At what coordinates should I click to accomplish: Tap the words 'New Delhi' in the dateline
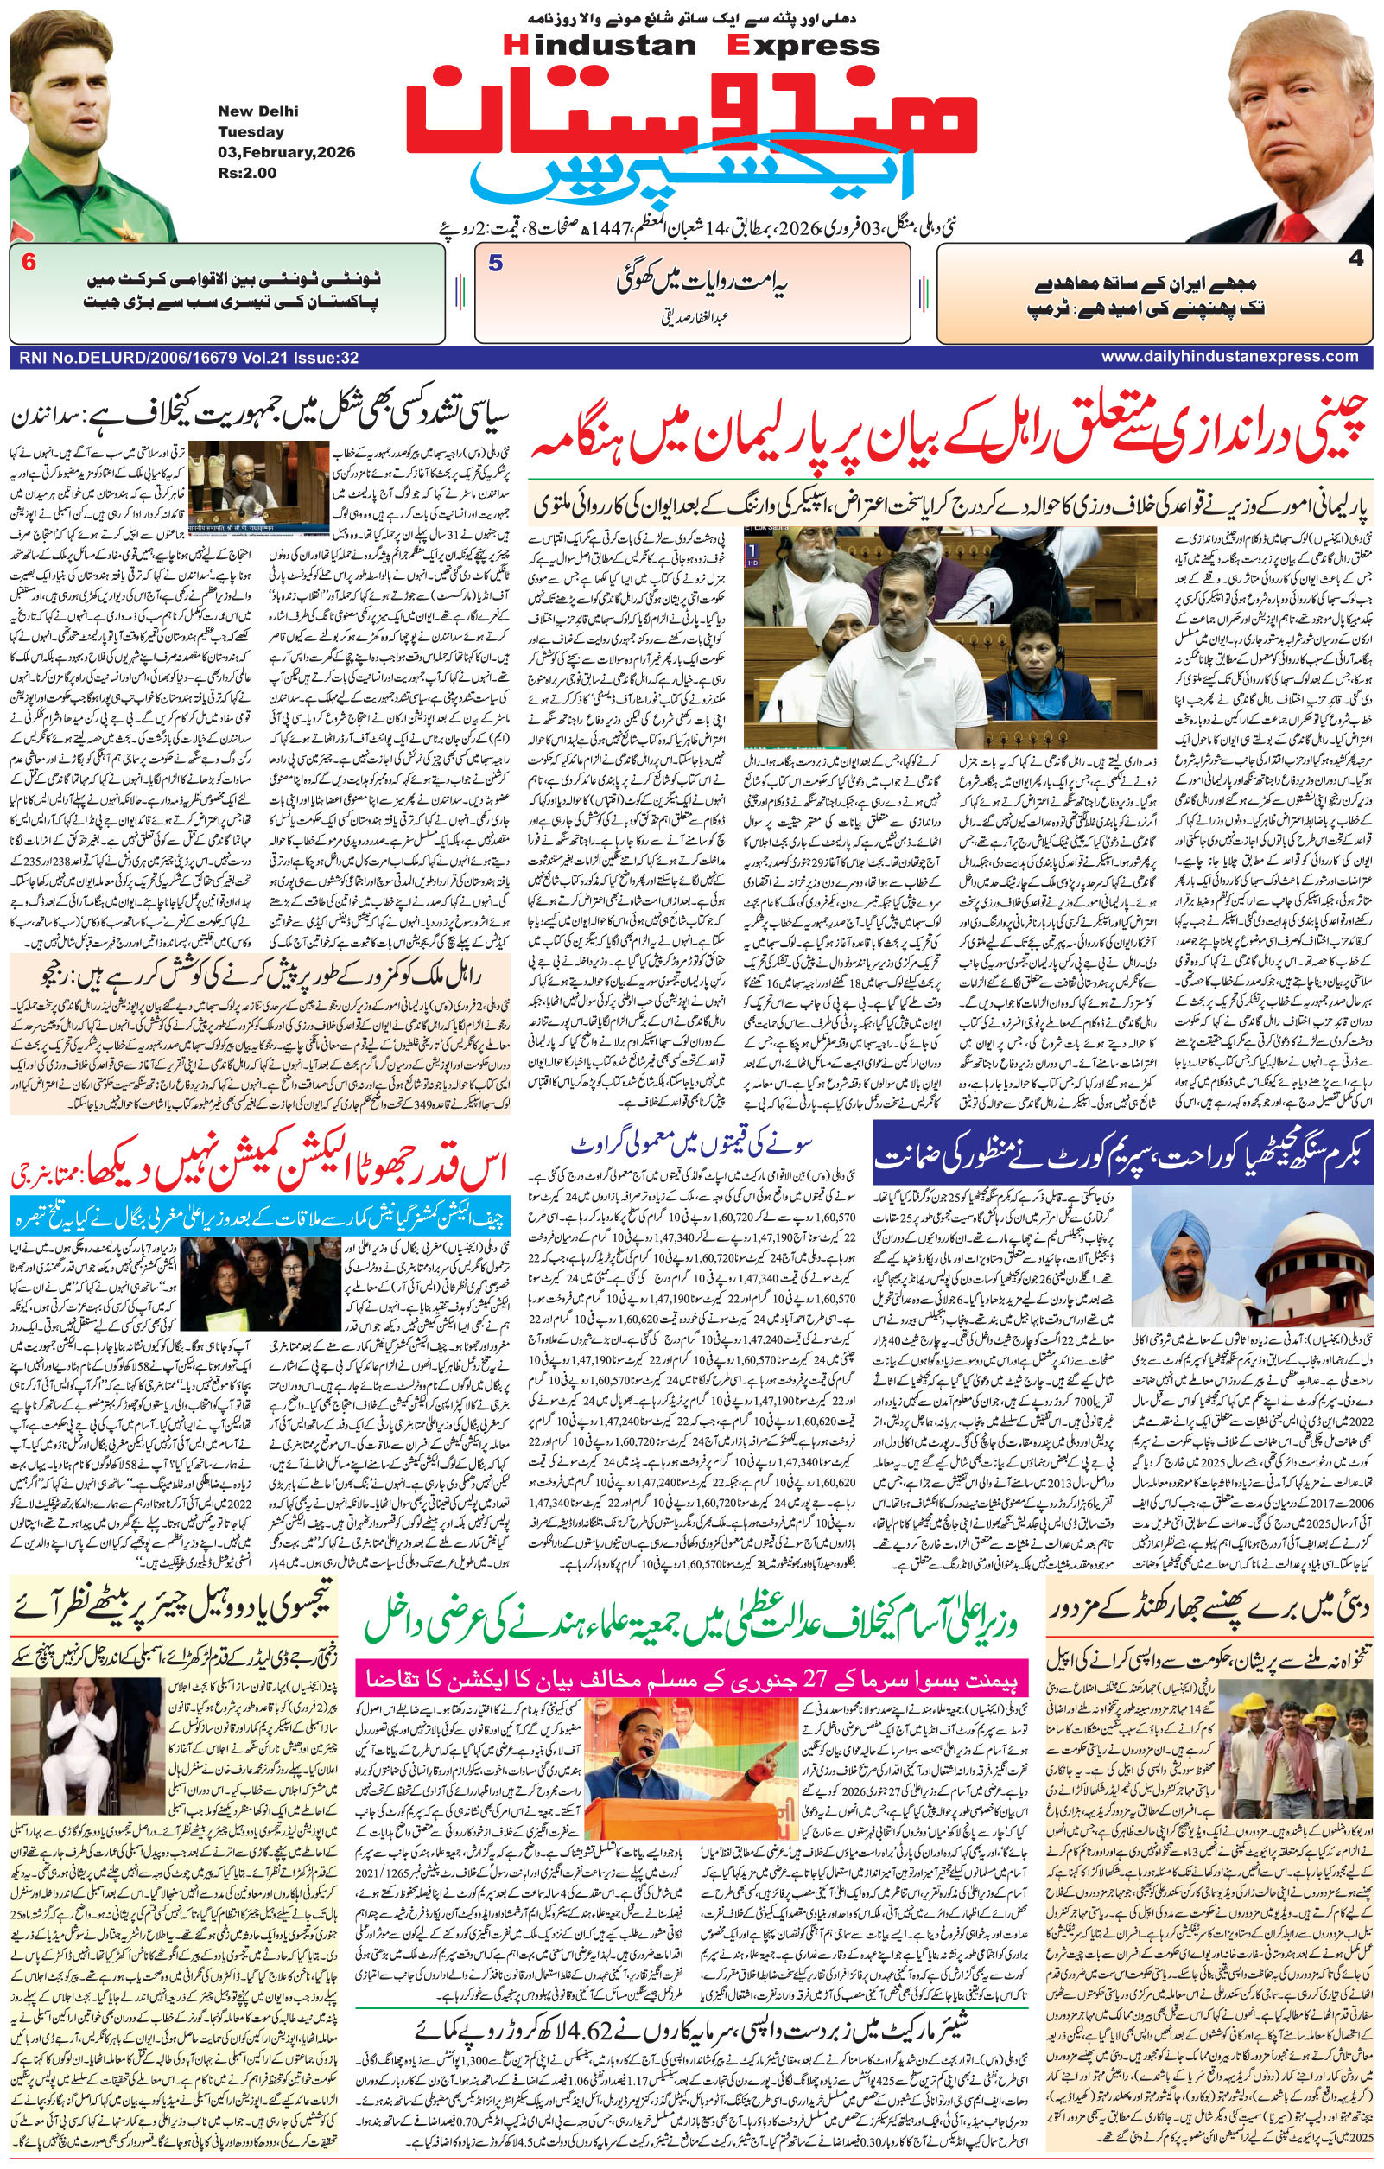pos(257,111)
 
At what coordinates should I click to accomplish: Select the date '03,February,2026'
pos(286,152)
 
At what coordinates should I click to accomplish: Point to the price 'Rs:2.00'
pos(247,173)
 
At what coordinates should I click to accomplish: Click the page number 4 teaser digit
pos(1355,259)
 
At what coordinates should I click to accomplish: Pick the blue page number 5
pos(495,264)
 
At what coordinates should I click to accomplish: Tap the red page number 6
pos(29,263)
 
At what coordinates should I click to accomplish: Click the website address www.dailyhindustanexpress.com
pos(1229,357)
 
